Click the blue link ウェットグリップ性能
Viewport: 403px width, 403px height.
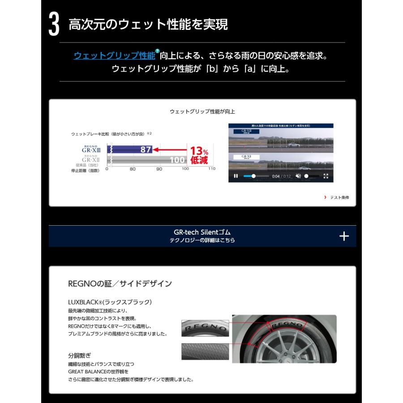click(x=115, y=56)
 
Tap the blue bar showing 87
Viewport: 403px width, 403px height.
click(x=132, y=150)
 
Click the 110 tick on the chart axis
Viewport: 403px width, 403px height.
click(x=211, y=169)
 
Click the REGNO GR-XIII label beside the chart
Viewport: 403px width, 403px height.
click(x=91, y=149)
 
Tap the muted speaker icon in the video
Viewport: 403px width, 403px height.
click(x=299, y=176)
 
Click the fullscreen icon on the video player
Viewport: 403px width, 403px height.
click(x=326, y=176)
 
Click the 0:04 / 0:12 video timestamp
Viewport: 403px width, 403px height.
click(x=282, y=176)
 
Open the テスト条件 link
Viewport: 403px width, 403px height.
click(x=339, y=197)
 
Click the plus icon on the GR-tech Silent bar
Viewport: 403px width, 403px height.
click(x=344, y=236)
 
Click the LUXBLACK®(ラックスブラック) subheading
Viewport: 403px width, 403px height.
click(x=110, y=302)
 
